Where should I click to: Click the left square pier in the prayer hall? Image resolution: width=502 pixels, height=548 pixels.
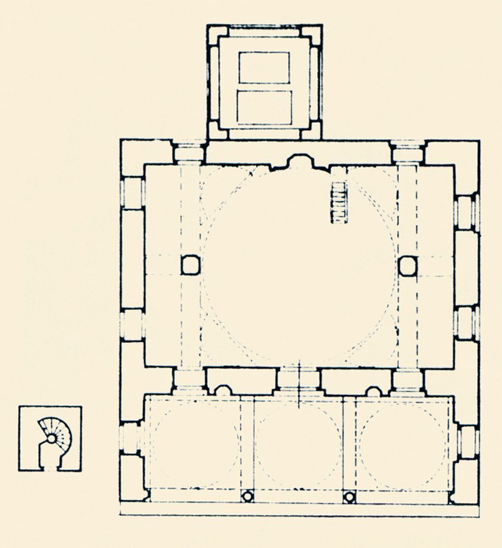(x=190, y=265)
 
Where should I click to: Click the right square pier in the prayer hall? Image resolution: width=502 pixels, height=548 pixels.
(x=408, y=265)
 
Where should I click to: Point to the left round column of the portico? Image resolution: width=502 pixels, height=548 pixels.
(x=247, y=496)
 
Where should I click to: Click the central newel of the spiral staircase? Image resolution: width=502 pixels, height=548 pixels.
(x=53, y=437)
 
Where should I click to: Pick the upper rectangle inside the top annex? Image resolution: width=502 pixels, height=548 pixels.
(x=264, y=67)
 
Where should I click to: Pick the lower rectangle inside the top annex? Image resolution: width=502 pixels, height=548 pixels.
(x=264, y=107)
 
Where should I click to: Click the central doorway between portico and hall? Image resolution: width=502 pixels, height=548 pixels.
(x=298, y=380)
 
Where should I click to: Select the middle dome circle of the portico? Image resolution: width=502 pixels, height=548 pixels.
(x=298, y=445)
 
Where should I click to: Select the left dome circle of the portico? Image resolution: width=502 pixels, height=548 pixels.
(x=195, y=445)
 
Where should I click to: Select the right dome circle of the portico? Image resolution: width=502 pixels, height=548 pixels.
(x=401, y=445)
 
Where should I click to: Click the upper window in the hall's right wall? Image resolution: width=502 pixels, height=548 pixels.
(x=466, y=212)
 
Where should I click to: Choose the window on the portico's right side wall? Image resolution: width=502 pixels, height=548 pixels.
(x=466, y=442)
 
